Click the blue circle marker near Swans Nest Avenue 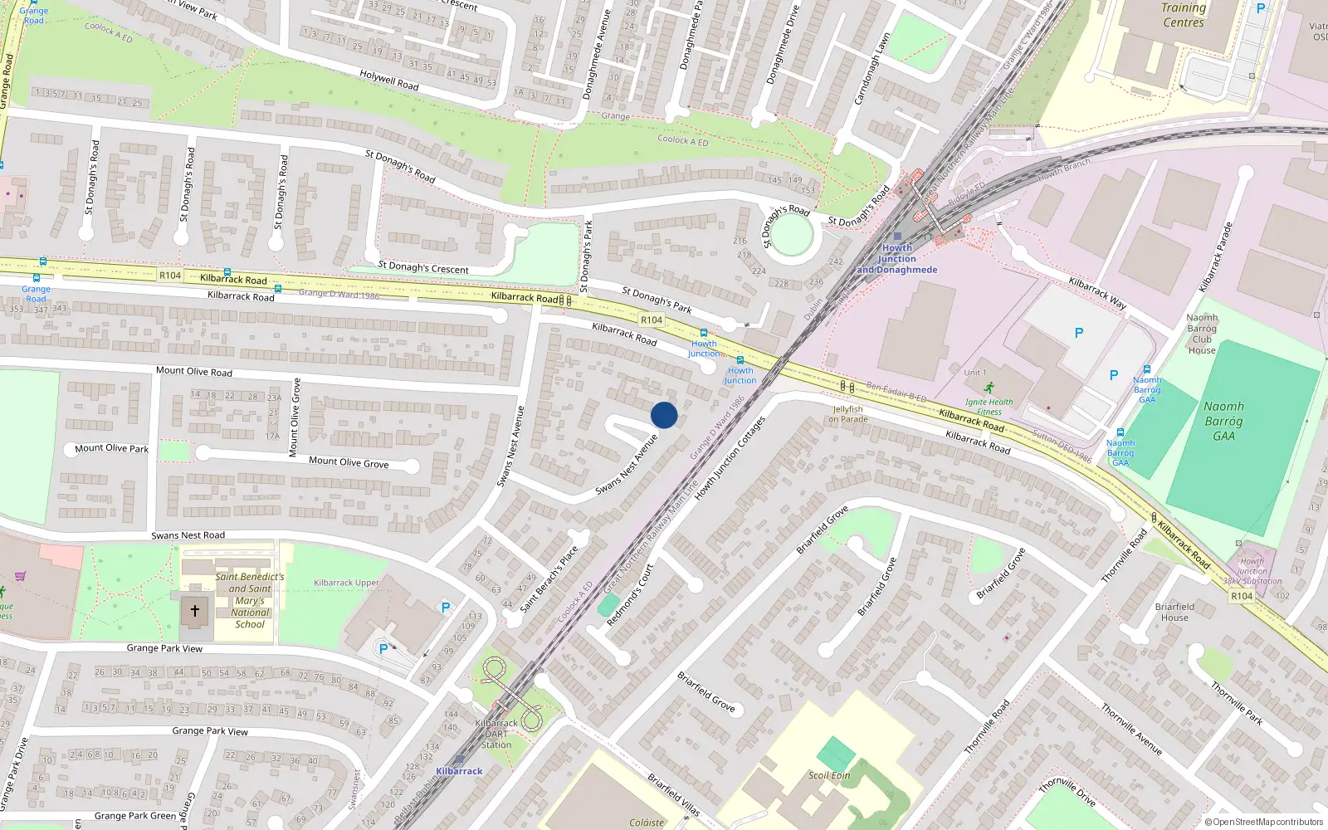coord(664,415)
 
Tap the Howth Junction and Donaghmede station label coord(896,259)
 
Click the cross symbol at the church coord(195,611)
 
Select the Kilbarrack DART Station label coord(496,734)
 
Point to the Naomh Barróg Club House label coord(1202,334)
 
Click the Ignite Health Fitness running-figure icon coord(989,388)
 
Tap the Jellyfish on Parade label coord(847,414)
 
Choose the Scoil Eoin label coord(829,775)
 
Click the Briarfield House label coord(1174,612)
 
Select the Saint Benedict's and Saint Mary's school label coord(250,600)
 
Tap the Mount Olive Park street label coord(111,448)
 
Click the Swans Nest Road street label coord(188,535)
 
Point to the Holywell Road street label coord(389,81)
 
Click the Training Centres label coord(1184,15)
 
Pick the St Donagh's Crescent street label coord(423,267)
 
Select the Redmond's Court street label coord(630,595)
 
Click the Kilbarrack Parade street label coord(1215,256)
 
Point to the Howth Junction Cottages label coord(730,458)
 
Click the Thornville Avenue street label coord(1131,729)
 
